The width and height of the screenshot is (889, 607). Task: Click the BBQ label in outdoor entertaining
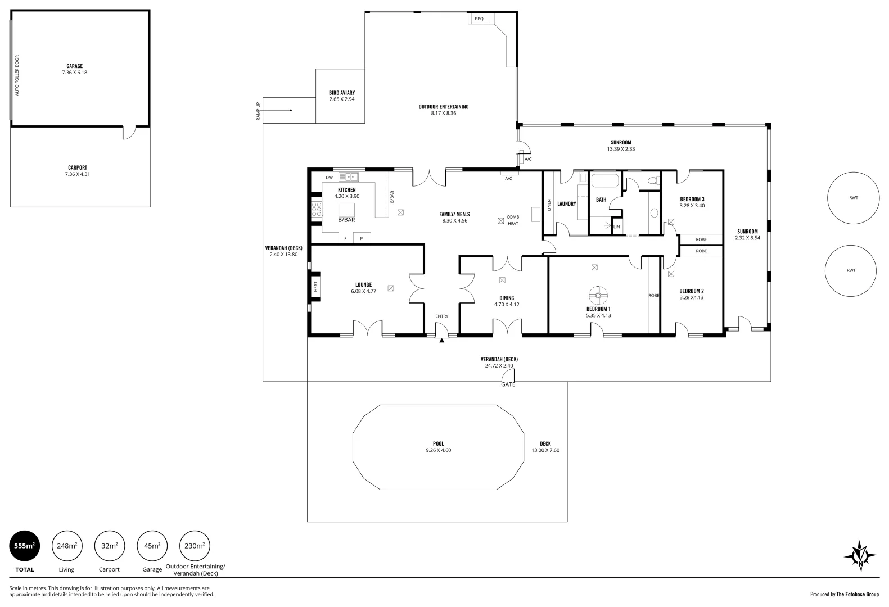click(479, 19)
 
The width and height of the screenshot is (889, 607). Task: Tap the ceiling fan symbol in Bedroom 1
click(598, 294)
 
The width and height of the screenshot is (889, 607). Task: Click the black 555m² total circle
click(25, 545)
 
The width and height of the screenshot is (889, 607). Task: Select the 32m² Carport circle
click(109, 545)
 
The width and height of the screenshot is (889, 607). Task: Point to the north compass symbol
click(860, 556)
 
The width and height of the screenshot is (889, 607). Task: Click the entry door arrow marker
click(442, 340)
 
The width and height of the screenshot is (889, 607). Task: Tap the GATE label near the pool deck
click(508, 384)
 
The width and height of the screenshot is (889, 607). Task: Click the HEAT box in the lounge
click(315, 287)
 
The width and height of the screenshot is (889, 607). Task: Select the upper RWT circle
click(853, 198)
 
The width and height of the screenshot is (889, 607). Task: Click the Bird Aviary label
click(342, 93)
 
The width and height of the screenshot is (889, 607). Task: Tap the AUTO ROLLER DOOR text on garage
click(17, 75)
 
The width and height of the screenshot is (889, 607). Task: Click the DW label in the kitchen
click(330, 178)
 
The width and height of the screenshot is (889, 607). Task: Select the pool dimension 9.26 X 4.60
click(438, 450)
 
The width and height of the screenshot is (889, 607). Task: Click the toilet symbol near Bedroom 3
click(652, 181)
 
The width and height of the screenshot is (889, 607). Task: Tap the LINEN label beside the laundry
click(549, 205)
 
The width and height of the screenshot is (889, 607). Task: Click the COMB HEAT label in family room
click(513, 220)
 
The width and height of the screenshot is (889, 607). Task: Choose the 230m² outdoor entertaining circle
click(194, 545)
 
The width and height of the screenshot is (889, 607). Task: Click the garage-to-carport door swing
click(129, 133)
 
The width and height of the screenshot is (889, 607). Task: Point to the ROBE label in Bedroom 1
click(653, 295)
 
